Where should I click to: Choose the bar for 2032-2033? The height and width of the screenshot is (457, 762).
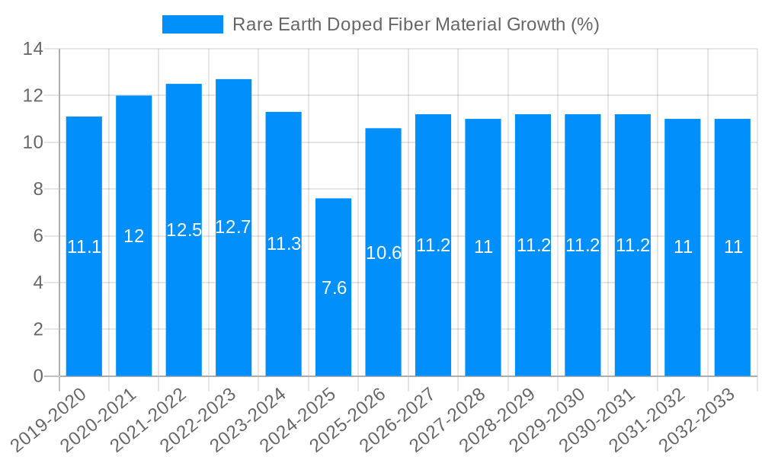[x=732, y=305]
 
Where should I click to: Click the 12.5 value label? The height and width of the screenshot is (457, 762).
[x=184, y=230]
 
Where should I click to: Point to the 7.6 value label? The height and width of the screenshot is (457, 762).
[x=334, y=288]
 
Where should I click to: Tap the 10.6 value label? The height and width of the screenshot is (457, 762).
[x=383, y=253]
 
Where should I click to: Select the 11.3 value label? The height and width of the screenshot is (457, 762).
[x=283, y=244]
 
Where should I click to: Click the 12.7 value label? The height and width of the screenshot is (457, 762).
[x=233, y=227]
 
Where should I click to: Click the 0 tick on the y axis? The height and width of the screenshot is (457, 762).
[x=39, y=376]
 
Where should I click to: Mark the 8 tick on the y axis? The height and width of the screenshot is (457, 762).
[x=39, y=189]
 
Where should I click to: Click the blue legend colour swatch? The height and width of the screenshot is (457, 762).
[x=193, y=24]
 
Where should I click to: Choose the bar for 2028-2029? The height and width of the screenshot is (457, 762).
[x=533, y=305]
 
